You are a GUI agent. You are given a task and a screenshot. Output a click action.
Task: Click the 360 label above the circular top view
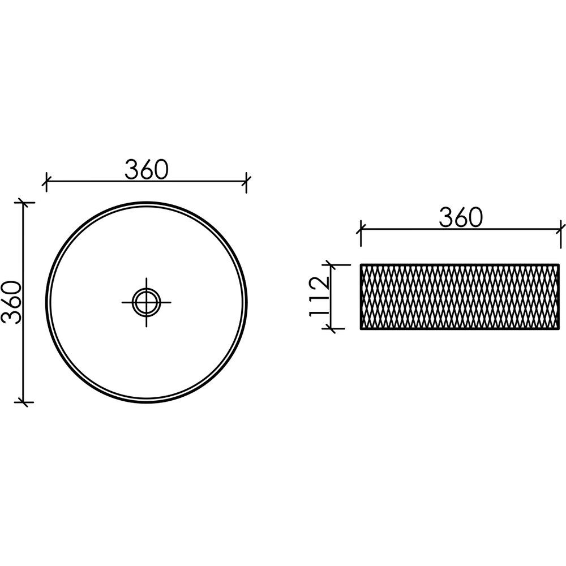tap(147, 169)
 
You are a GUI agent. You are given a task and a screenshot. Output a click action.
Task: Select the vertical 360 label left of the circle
tap(11, 302)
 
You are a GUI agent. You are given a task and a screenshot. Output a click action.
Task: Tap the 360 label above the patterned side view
tap(461, 217)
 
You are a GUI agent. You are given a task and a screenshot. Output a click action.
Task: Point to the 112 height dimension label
tap(319, 296)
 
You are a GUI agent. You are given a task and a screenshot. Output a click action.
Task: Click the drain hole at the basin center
tap(146, 302)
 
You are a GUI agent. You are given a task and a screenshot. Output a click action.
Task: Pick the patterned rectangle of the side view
tap(460, 297)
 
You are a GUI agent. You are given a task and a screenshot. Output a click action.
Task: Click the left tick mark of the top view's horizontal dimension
tap(46, 181)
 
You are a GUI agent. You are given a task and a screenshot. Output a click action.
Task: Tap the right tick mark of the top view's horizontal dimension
tap(247, 181)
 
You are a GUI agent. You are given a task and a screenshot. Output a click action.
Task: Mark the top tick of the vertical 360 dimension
tap(24, 203)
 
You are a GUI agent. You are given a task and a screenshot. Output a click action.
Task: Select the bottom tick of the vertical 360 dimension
tap(24, 402)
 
